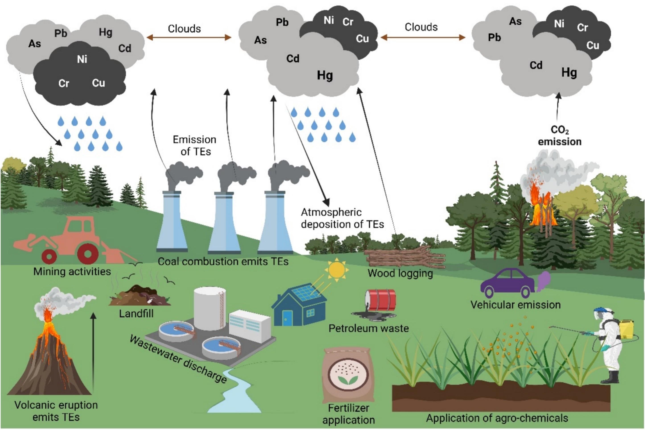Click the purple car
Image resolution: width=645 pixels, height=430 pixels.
click(507, 284)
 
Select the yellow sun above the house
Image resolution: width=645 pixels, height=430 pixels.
click(336, 270)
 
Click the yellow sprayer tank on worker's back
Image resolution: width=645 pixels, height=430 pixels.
click(626, 329)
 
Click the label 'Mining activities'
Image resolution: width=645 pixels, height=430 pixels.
click(72, 271)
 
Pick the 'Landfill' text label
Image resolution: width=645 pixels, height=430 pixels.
click(136, 313)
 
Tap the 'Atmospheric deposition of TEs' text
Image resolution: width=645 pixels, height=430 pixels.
click(342, 218)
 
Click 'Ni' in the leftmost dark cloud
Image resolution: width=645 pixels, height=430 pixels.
click(82, 59)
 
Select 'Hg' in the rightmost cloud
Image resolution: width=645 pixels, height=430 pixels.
click(569, 73)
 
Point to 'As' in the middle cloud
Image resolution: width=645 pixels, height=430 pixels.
click(260, 40)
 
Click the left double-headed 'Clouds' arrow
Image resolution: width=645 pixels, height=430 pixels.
click(189, 37)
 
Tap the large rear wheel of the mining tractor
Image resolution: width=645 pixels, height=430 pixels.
click(88, 254)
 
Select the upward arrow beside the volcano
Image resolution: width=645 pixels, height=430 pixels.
click(93, 351)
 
